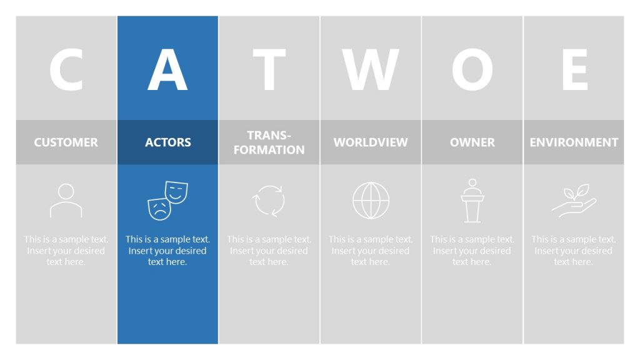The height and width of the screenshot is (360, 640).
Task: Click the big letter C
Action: pyautogui.click(x=66, y=69)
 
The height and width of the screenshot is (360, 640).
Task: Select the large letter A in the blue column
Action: pyautogui.click(x=167, y=69)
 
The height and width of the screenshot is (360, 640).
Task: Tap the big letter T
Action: pyautogui.click(x=269, y=69)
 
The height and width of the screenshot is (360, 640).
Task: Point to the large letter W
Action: pyautogui.click(x=371, y=69)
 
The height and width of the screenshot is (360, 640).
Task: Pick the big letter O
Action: pyautogui.click(x=472, y=69)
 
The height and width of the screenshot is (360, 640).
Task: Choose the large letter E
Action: pyautogui.click(x=574, y=69)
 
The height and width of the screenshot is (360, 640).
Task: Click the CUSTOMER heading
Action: pyautogui.click(x=66, y=142)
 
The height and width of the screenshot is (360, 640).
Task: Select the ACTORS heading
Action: pyautogui.click(x=167, y=142)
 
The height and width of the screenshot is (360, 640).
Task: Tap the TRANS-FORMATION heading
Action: pyautogui.click(x=269, y=142)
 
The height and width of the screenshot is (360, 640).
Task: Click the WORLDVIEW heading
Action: pyautogui.click(x=371, y=142)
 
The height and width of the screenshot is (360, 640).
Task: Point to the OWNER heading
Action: pyautogui.click(x=472, y=142)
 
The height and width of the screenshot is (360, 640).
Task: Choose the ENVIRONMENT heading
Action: pyautogui.click(x=574, y=142)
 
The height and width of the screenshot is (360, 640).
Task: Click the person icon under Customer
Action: pyautogui.click(x=66, y=201)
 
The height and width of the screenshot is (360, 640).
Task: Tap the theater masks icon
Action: pyautogui.click(x=167, y=200)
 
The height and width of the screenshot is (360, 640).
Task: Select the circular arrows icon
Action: pyautogui.click(x=269, y=201)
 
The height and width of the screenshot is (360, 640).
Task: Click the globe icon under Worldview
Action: pyautogui.click(x=371, y=201)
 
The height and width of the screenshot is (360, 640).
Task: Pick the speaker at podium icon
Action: pyautogui.click(x=472, y=201)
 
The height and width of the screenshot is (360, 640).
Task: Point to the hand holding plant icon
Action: pyautogui.click(x=574, y=201)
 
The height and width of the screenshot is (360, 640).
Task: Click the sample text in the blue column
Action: pyautogui.click(x=167, y=251)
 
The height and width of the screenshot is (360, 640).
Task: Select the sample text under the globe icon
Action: pyautogui.click(x=371, y=251)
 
